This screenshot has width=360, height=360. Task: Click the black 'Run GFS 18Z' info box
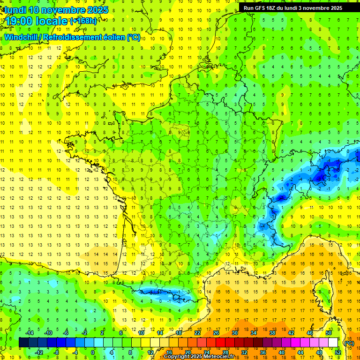click(293, 8)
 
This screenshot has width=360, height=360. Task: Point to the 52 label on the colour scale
click(338, 352)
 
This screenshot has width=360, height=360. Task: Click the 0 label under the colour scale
click(93, 352)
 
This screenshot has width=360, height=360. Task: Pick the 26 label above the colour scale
click(216, 333)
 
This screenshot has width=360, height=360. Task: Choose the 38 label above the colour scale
click(272, 333)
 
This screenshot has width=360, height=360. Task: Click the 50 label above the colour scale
click(329, 333)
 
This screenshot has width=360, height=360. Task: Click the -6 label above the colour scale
click(66, 333)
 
